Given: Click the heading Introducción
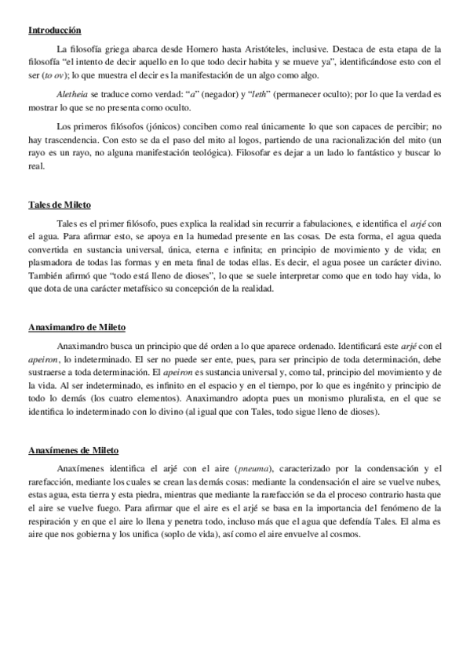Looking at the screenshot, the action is pos(54,31).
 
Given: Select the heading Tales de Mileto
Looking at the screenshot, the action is pos(59,205).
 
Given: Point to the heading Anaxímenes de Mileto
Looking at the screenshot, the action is pos(73,451).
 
